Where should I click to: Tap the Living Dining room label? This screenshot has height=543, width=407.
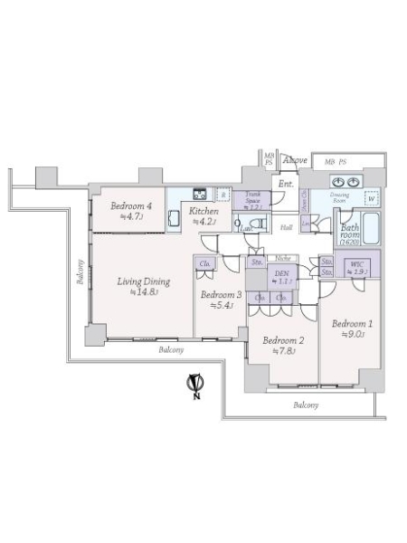(143, 281)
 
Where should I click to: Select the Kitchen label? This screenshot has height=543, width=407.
(203, 212)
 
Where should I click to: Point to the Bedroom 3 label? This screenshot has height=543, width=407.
(221, 295)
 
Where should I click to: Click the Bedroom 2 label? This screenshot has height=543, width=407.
(281, 340)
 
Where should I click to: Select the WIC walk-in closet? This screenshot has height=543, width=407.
(355, 268)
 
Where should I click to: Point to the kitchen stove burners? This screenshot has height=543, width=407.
(201, 192)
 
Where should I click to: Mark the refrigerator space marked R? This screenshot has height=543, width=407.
(223, 194)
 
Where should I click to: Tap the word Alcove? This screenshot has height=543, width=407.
(295, 161)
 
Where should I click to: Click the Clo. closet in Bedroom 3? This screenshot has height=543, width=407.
(205, 265)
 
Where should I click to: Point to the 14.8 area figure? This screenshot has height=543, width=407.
(144, 292)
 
